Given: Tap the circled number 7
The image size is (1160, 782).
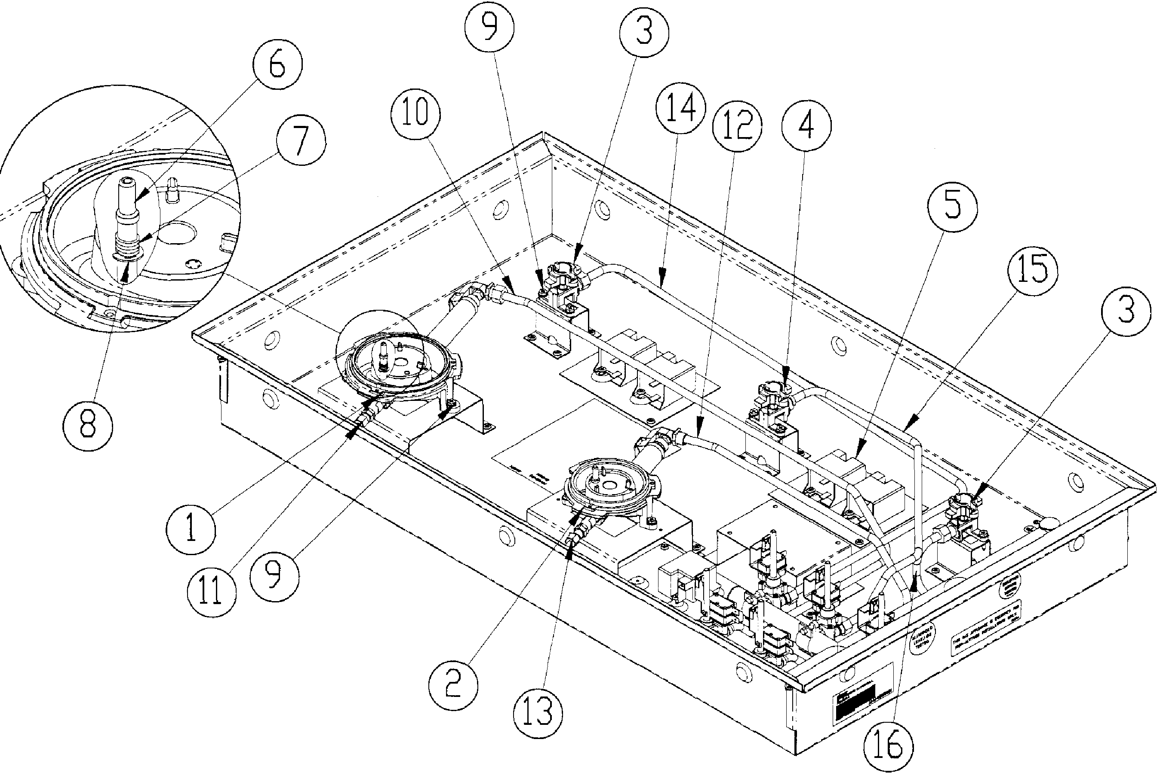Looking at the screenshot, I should point(302,143).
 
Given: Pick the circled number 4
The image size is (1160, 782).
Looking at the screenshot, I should point(806,125).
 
